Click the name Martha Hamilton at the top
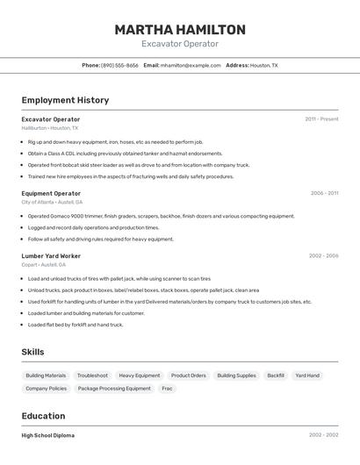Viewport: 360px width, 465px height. [180, 30]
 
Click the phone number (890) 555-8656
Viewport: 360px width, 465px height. [119, 65]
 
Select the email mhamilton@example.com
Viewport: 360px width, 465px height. [191, 65]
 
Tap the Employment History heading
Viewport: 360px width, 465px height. [65, 100]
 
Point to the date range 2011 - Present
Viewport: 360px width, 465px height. [321, 119]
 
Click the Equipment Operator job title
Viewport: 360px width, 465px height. [51, 193]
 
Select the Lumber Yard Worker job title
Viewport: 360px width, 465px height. [51, 256]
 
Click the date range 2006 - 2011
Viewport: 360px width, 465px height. [324, 193]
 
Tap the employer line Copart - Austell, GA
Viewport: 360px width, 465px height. [43, 264]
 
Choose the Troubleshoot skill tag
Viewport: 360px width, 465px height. [92, 376]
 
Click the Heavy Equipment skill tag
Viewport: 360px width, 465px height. [140, 376]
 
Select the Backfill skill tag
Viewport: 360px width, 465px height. [276, 376]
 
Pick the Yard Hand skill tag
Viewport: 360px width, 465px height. [307, 376]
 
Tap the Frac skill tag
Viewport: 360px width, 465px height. [167, 388]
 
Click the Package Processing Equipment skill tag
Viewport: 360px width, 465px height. [114, 388]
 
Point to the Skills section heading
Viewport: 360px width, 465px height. [32, 352]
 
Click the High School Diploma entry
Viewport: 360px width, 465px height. [48, 435]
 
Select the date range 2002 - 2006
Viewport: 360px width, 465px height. [324, 256]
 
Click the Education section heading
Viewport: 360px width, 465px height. [43, 416]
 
